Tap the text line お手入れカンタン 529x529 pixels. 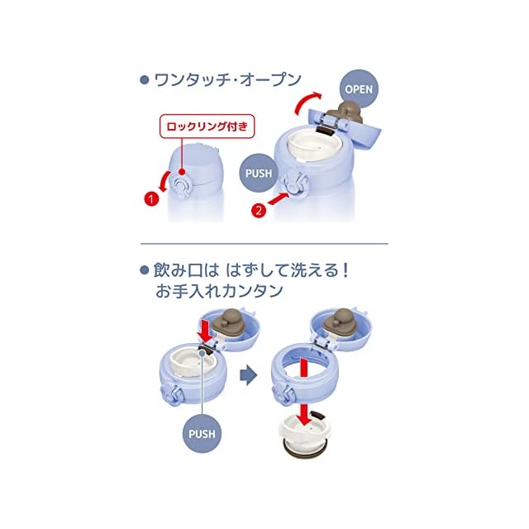pyautogui.click(x=219, y=291)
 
